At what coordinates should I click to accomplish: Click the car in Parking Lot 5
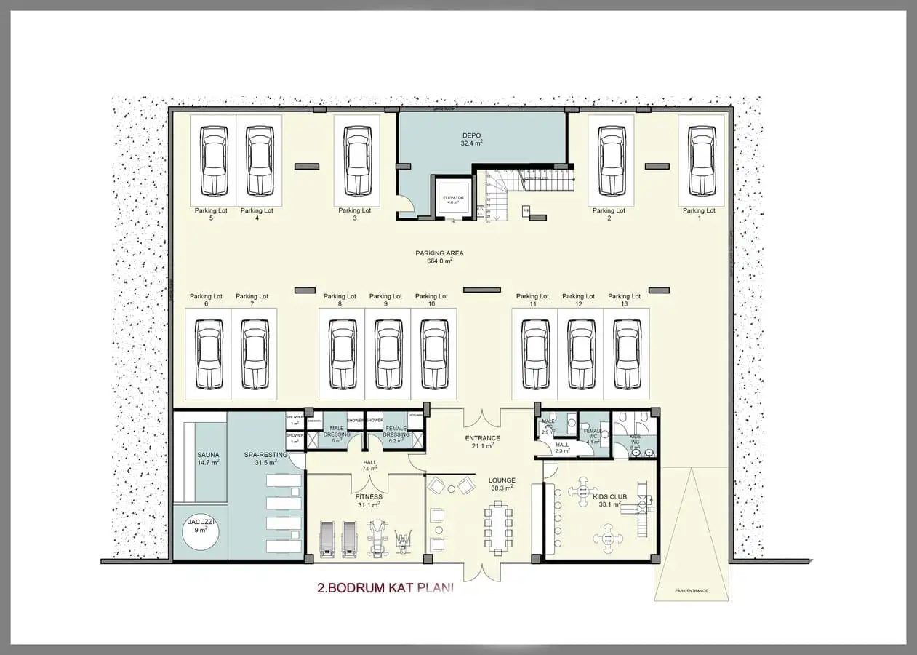[x=214, y=161]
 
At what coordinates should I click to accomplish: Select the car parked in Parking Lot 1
[x=701, y=161]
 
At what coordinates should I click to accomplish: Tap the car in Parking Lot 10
[x=433, y=354]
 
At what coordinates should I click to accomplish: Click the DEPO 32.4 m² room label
[x=472, y=140]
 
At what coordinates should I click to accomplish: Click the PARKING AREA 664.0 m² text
[x=439, y=257]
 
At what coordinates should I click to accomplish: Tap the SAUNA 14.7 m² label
[x=208, y=458]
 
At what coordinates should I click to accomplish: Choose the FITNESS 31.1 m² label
[x=369, y=501]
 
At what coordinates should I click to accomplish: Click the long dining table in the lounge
[x=498, y=528]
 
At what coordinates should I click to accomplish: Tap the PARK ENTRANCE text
[x=690, y=590]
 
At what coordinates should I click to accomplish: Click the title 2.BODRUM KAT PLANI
[x=385, y=588]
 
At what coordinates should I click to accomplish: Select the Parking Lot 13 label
[x=624, y=300]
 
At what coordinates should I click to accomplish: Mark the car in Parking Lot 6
[x=208, y=354]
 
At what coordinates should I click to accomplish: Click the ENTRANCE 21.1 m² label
[x=482, y=442]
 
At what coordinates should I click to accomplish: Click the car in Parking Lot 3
[x=357, y=161]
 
